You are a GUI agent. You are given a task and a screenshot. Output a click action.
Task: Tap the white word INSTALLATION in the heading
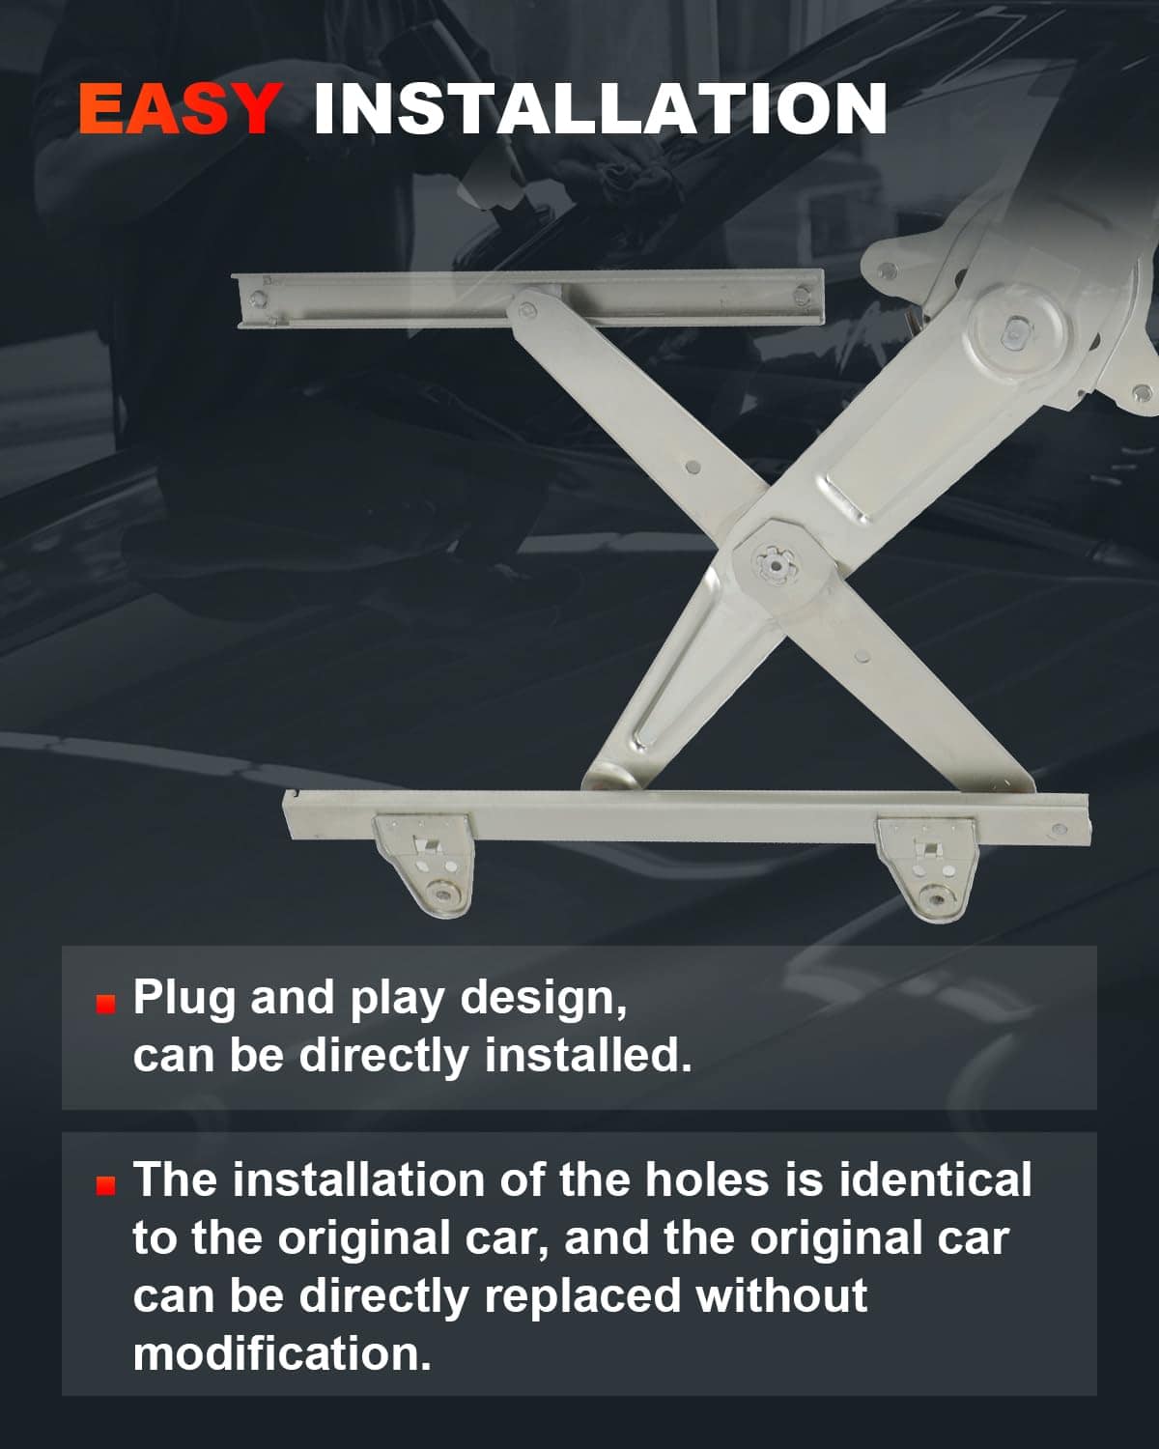(x=601, y=108)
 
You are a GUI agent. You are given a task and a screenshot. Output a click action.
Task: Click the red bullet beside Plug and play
(x=105, y=1004)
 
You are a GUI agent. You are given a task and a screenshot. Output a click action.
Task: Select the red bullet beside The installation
(x=105, y=1186)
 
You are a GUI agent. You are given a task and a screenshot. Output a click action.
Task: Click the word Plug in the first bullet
(x=184, y=999)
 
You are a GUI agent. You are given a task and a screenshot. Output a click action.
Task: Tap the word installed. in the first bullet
(x=588, y=1055)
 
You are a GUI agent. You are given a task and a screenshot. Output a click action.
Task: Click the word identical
(x=934, y=1179)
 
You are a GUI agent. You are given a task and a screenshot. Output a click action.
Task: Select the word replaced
(x=582, y=1296)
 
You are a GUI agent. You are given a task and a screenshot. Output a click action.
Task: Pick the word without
(x=782, y=1294)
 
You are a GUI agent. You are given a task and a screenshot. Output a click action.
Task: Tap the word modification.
(x=281, y=1352)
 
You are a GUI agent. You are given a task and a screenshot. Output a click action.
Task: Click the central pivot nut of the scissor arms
(x=776, y=564)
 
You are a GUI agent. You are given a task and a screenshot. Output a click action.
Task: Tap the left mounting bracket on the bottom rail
(x=424, y=864)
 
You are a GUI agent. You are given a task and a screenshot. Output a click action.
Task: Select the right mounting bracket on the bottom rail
(x=927, y=867)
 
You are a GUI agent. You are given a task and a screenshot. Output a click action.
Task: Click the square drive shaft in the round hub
(x=1013, y=332)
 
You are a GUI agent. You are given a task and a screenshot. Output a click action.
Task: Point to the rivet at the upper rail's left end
(x=257, y=298)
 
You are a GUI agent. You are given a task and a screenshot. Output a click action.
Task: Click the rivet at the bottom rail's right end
(x=1059, y=830)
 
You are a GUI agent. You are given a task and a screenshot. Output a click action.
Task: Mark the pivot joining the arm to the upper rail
(x=528, y=309)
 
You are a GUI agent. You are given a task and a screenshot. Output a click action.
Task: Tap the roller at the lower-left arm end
(x=610, y=777)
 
